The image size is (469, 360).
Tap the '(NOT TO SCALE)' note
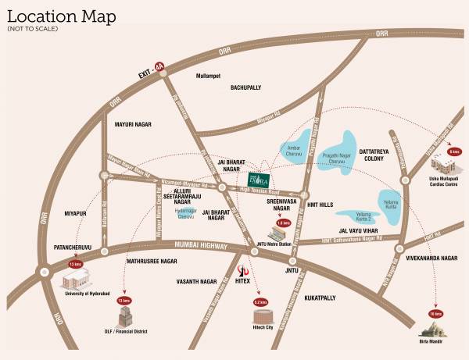[x=30, y=29]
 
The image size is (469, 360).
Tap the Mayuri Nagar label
[x=131, y=125]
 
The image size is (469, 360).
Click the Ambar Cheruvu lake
[x=292, y=148]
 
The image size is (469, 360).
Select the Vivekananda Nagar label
[x=428, y=258]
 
